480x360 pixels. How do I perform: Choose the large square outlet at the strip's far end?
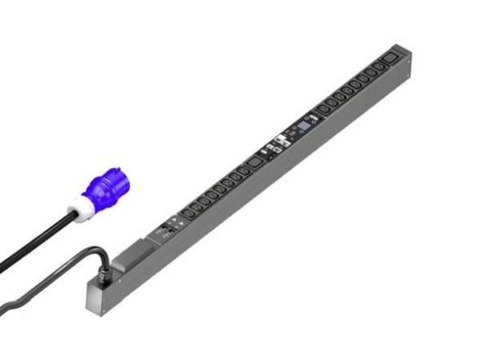click(x=392, y=59)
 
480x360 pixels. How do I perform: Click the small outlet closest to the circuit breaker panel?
click(x=188, y=213)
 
